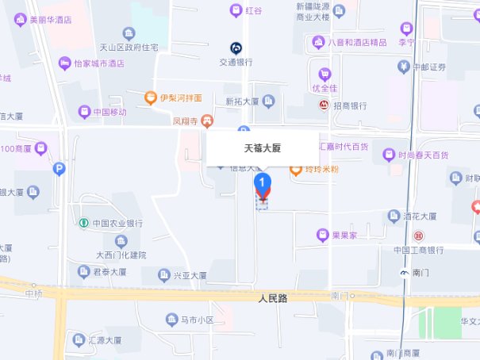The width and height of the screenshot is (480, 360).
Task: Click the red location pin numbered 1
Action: tap(263, 185)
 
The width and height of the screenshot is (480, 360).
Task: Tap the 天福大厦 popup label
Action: tap(262, 148)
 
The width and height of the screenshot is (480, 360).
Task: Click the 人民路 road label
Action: tap(272, 299)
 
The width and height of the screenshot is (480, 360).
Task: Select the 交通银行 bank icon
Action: tap(236, 48)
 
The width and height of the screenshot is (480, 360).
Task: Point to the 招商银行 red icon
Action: tap(324, 105)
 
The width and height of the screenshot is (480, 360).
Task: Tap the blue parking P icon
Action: tap(59, 168)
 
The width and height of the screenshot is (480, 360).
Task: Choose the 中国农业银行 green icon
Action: tap(83, 223)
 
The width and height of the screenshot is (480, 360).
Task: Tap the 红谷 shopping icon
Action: tap(236, 10)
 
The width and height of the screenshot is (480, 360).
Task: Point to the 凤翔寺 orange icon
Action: tap(207, 121)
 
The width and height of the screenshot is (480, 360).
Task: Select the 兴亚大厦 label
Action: tap(190, 275)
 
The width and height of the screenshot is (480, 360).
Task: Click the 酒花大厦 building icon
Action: tap(394, 216)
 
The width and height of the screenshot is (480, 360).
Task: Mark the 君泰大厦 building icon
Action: tap(83, 271)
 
